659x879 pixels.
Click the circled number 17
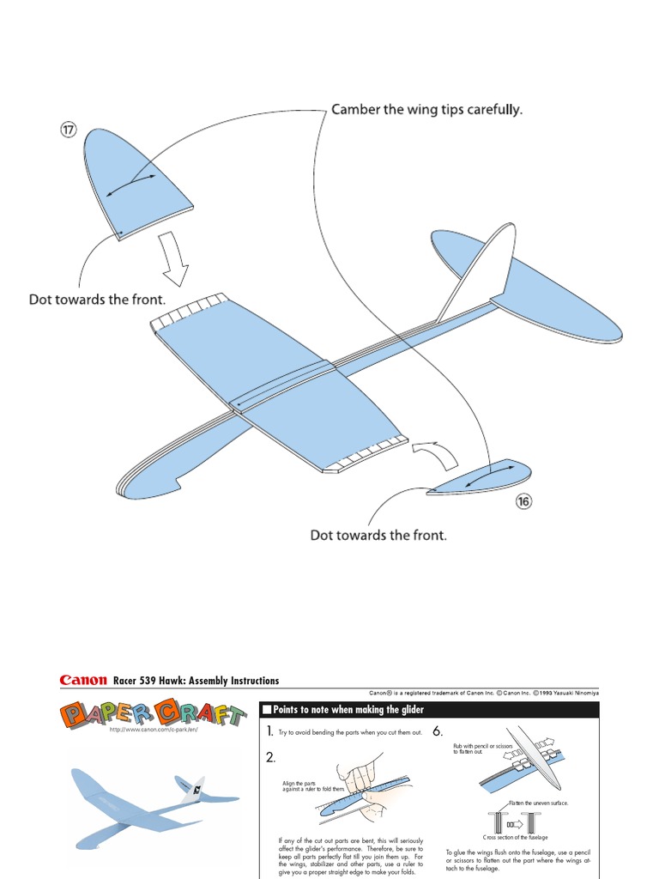click(69, 130)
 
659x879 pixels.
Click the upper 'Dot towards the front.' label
click(97, 301)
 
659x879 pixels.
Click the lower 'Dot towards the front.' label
click(378, 535)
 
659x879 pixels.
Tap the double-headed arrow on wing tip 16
click(492, 476)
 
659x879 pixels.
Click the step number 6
click(438, 731)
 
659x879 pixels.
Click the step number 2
click(271, 758)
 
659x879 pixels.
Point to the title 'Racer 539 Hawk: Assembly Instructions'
click(196, 681)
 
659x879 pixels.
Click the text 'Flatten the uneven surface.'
click(539, 803)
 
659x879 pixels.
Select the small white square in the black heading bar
click(267, 710)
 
